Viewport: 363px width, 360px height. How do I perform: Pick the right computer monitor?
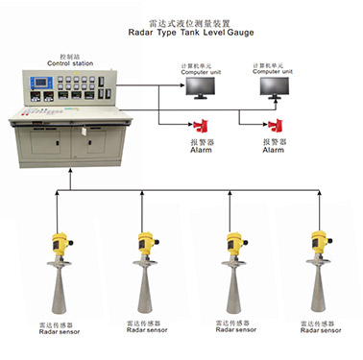click(278, 86)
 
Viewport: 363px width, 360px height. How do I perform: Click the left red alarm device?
click(202, 126)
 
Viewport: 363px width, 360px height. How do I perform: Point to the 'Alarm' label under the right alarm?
click(274, 150)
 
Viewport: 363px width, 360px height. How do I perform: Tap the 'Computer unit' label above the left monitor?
click(198, 69)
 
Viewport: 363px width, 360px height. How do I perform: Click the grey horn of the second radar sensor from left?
click(147, 292)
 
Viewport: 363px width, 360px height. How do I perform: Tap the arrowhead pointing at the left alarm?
click(191, 126)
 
